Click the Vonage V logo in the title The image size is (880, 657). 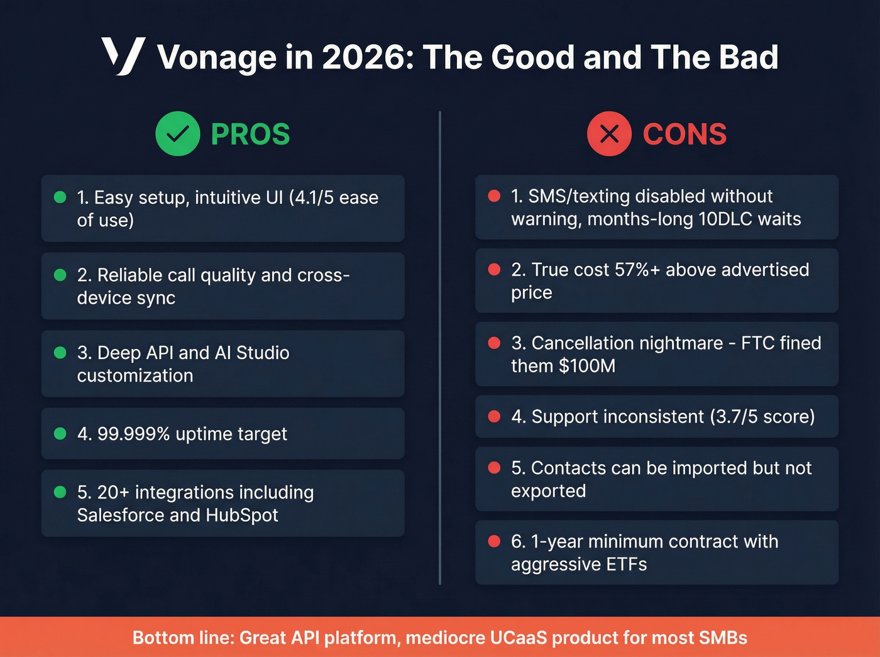[x=123, y=56]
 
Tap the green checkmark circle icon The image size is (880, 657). [x=178, y=133]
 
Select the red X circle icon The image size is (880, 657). [x=609, y=133]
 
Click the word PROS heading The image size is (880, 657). [x=250, y=135]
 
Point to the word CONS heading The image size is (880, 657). [x=685, y=135]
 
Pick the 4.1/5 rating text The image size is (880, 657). [x=312, y=197]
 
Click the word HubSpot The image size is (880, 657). [x=241, y=515]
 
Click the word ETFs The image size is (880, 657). [x=626, y=565]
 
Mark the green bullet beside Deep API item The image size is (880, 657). [x=60, y=353]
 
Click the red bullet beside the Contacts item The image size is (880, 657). [x=494, y=468]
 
